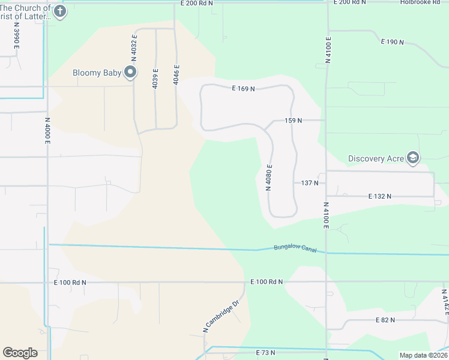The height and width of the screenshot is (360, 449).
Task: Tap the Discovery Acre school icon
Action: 412,158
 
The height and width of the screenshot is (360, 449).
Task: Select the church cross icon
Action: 59,11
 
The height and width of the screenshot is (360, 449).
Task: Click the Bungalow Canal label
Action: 295,248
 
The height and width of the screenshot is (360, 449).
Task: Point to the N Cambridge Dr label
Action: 221,317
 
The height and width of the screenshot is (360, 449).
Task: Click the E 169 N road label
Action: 244,89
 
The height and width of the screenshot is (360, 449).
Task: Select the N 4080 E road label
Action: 270,178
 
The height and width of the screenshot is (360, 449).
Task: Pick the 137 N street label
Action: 309,182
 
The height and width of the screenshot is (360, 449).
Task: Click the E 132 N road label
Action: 379,196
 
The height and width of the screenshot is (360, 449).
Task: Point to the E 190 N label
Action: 392,42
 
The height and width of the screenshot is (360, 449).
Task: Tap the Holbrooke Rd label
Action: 424,2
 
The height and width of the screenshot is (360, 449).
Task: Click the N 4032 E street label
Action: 135,46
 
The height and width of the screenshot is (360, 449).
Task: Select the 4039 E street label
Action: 155,79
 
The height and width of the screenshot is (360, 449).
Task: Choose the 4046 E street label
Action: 176,74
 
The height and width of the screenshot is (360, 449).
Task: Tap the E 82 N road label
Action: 385,320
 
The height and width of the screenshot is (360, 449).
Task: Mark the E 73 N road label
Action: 265,353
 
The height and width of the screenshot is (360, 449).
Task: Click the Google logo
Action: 20,353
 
